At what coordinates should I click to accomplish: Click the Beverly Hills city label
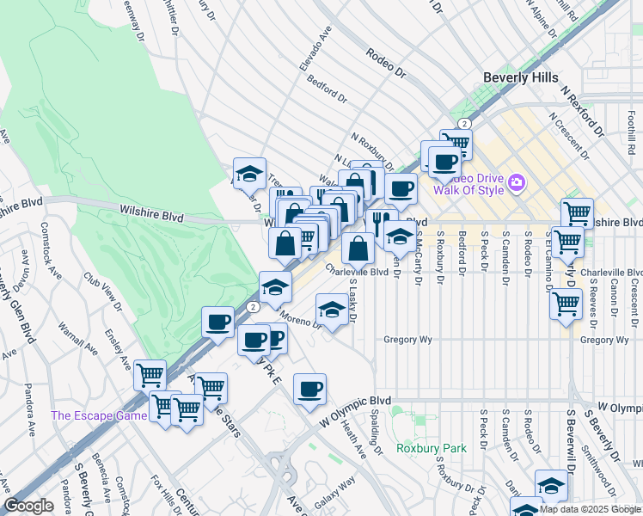click(520, 77)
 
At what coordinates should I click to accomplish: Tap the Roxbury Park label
click(432, 448)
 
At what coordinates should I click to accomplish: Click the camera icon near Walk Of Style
click(517, 181)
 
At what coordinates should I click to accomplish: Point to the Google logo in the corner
click(28, 506)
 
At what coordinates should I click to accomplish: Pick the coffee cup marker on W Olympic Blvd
click(309, 389)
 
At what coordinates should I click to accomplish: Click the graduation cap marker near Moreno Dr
click(332, 309)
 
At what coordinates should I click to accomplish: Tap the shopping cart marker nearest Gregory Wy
click(566, 303)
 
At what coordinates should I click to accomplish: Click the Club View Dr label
click(102, 292)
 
